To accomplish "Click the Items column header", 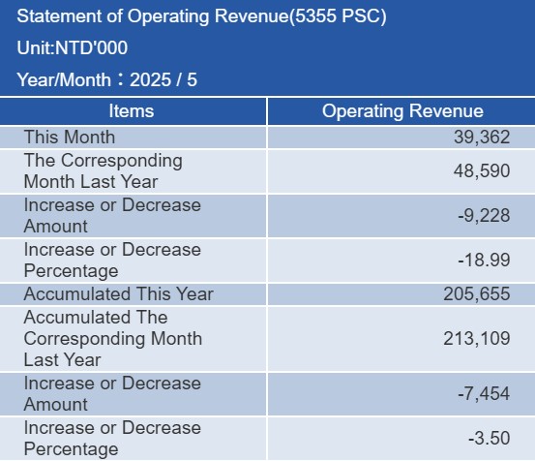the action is (x=132, y=111).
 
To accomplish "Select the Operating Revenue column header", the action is (x=402, y=111).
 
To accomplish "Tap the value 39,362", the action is (x=482, y=137).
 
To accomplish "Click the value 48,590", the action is (x=482, y=170).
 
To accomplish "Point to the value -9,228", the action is (x=484, y=215).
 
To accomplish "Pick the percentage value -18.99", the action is (x=484, y=260).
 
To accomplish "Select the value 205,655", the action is (x=477, y=293).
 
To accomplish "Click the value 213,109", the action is (x=477, y=338).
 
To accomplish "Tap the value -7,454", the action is (x=484, y=393).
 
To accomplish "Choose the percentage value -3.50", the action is (x=490, y=438).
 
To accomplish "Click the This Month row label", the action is (x=70, y=137).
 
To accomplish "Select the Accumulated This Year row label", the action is (x=119, y=293).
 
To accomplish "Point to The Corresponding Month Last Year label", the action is (x=104, y=170).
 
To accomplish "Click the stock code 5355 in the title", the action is (x=315, y=16).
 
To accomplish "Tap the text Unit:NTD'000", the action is (x=73, y=47).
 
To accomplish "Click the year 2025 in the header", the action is (x=151, y=79).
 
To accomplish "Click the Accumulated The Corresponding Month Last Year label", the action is (x=113, y=338).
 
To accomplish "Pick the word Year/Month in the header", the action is (x=64, y=79).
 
